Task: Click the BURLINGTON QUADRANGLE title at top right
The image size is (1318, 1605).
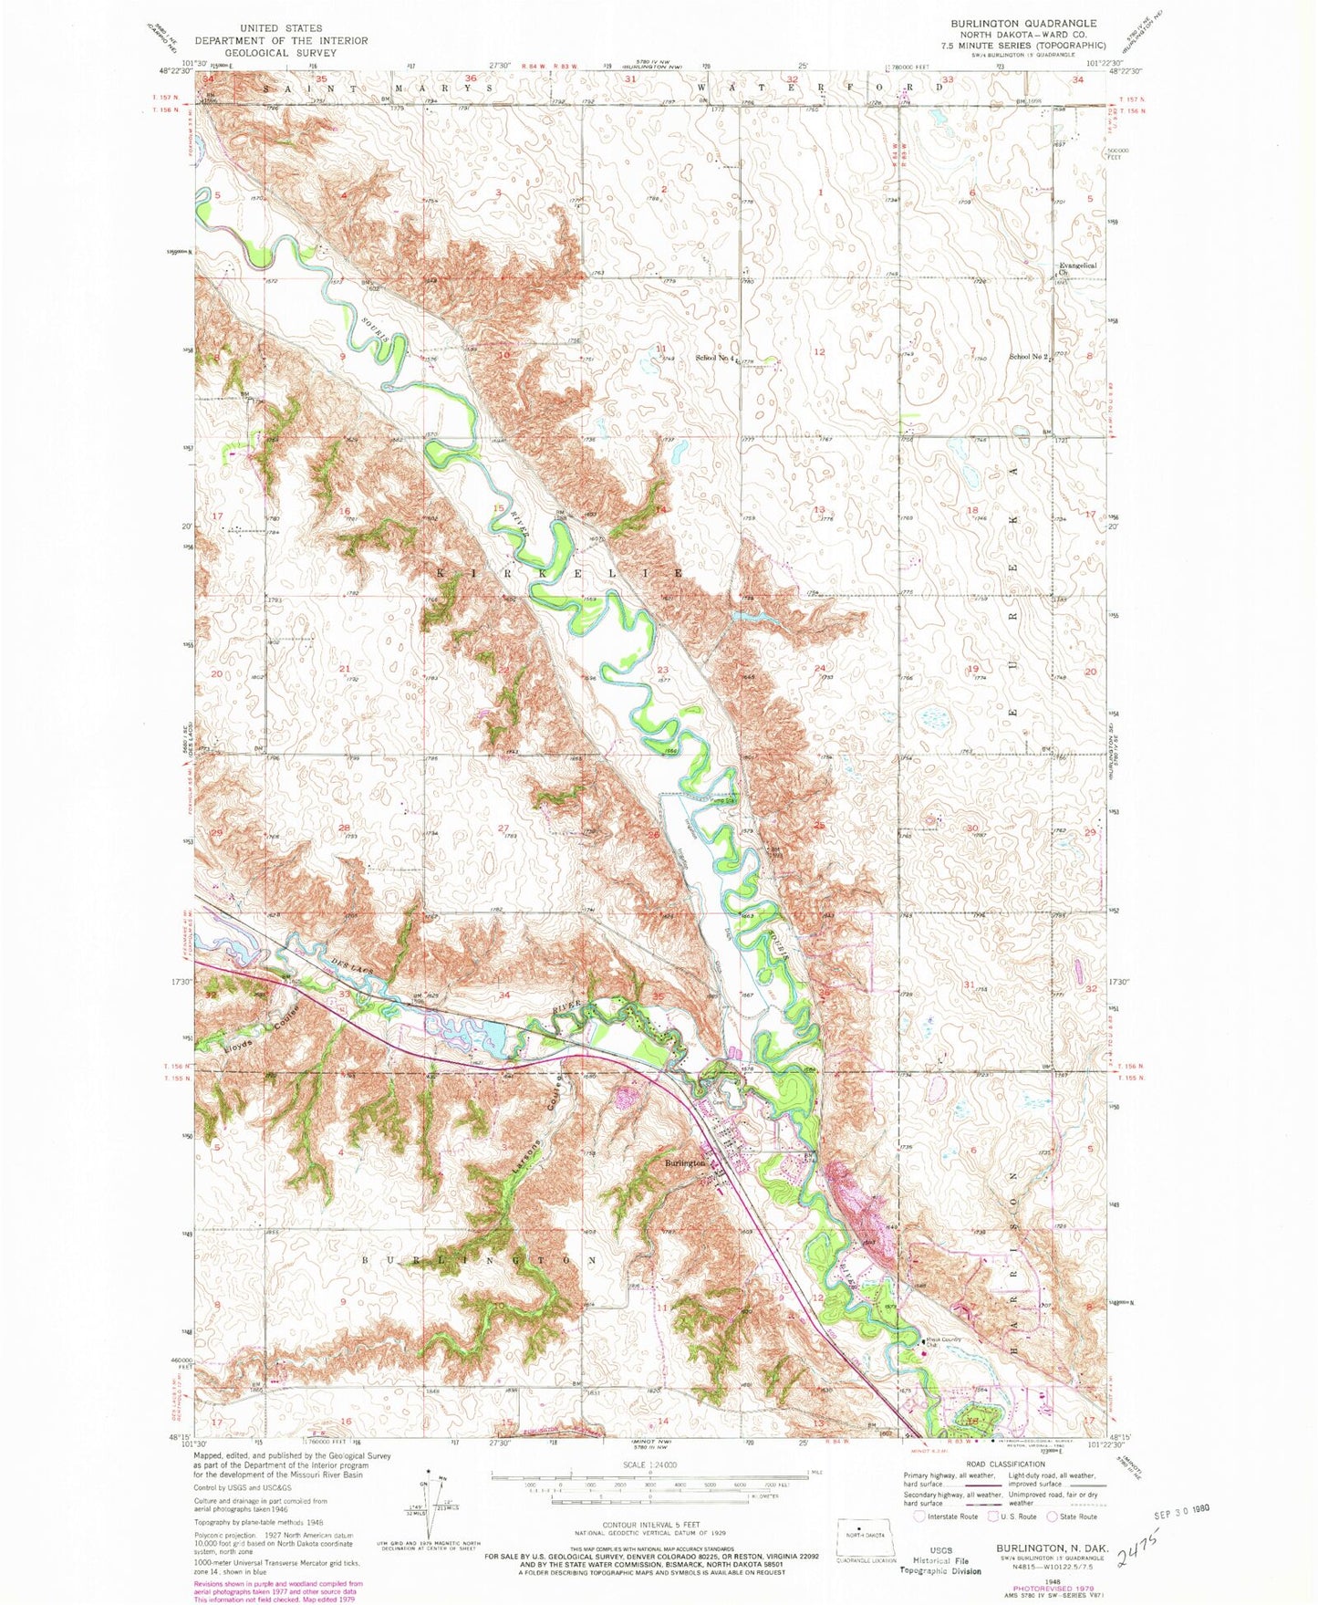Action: tap(1023, 23)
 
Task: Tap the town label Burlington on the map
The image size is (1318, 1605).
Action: tap(685, 1163)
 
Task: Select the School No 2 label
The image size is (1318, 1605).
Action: tap(1026, 357)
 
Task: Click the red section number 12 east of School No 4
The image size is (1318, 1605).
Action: tap(819, 352)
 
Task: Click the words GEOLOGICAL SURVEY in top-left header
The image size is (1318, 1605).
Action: tap(280, 53)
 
